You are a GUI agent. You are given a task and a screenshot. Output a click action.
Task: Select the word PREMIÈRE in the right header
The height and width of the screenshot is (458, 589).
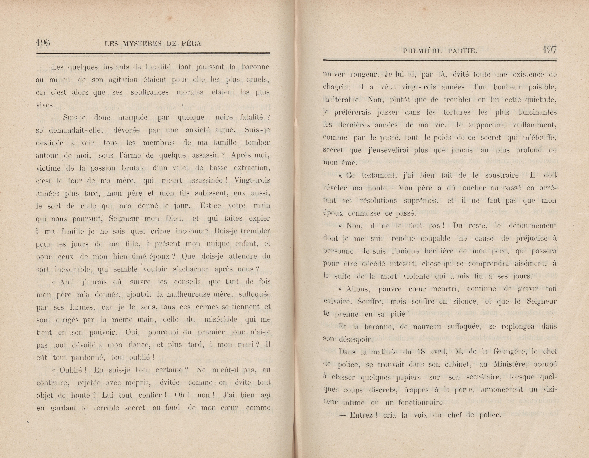click(422, 51)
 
